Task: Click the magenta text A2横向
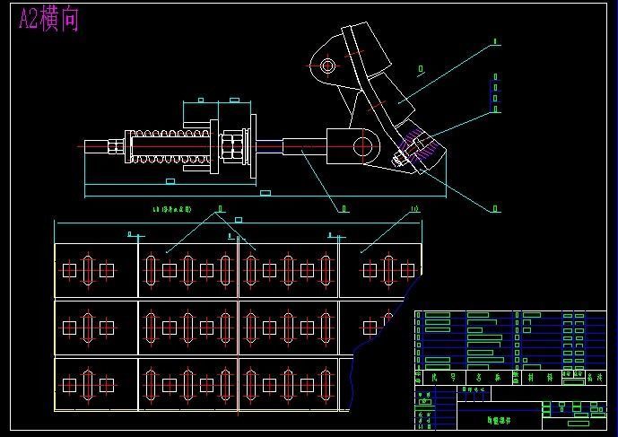(x=49, y=20)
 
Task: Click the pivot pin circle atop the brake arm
(x=328, y=66)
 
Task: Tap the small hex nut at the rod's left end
(x=118, y=145)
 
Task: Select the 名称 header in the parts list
(x=483, y=380)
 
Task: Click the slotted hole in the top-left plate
(x=88, y=270)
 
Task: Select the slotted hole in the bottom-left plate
(x=88, y=385)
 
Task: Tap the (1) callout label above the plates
(x=414, y=209)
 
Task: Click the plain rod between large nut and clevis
(x=269, y=145)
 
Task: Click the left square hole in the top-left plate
(x=70, y=270)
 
